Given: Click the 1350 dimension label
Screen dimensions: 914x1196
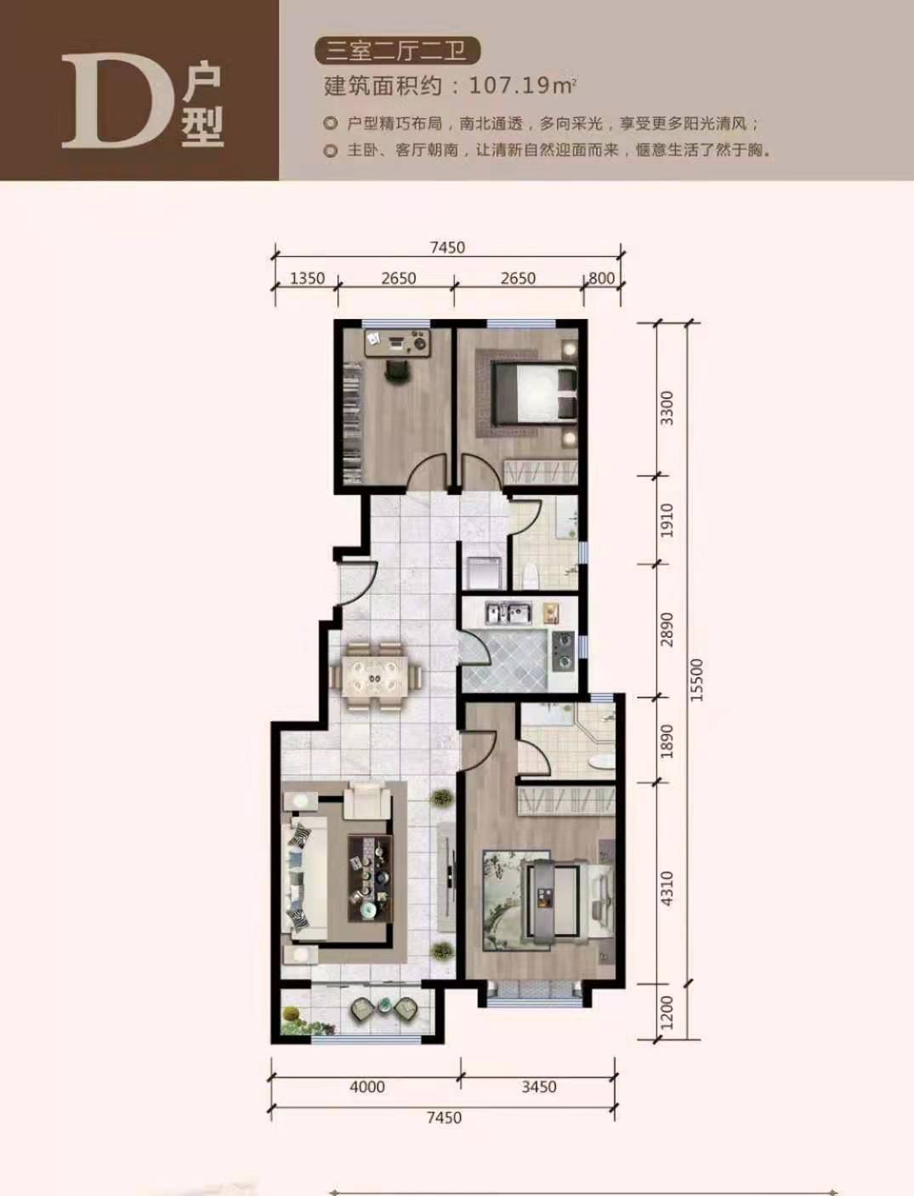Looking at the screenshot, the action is (x=307, y=278).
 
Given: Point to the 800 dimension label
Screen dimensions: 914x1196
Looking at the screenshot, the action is (x=601, y=278).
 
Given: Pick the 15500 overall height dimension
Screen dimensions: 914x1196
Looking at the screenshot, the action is (x=697, y=680).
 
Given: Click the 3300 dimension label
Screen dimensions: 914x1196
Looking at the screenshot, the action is (x=667, y=408).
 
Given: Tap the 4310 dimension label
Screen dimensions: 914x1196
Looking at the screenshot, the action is (x=667, y=889).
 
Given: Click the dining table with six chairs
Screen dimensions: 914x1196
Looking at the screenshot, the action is (x=376, y=678).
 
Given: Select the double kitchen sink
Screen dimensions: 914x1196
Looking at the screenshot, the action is (x=508, y=613).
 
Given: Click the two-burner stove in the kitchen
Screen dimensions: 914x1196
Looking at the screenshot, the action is (x=564, y=651).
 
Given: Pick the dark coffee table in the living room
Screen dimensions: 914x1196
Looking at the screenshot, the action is (x=370, y=879).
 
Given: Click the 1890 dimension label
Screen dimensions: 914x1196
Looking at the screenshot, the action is (x=667, y=741).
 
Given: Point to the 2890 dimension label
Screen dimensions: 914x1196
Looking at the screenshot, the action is (x=667, y=629).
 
